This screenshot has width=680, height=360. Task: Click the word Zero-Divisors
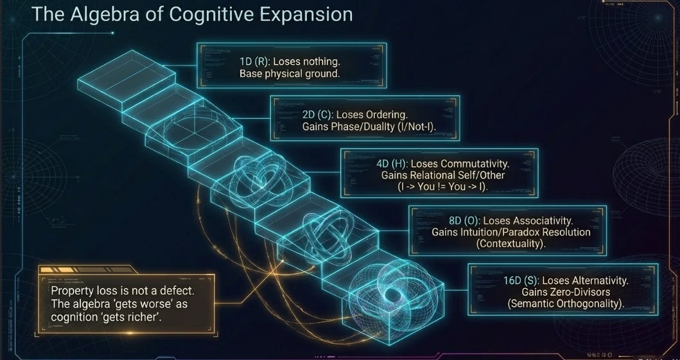coord(565,291)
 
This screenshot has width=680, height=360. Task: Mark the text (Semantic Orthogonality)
coord(565,304)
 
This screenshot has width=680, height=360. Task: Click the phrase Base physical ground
coord(289,74)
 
